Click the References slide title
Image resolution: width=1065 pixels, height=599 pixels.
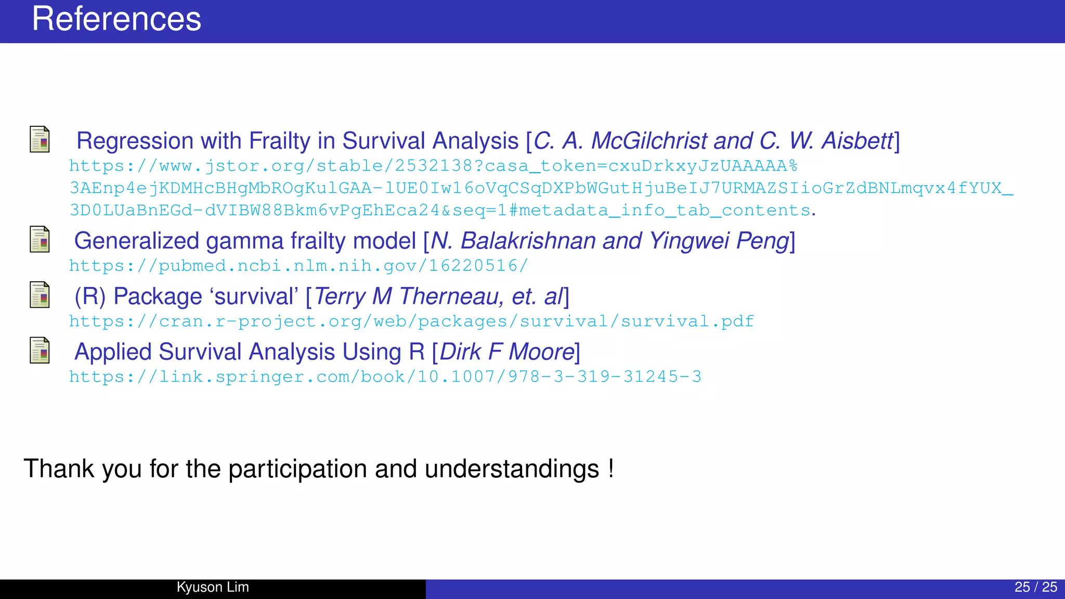coord(116,20)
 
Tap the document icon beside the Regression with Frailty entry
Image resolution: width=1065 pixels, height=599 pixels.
coord(40,139)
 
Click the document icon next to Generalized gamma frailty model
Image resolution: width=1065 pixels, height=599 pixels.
coord(40,239)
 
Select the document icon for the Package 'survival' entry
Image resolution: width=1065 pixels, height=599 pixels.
coord(40,295)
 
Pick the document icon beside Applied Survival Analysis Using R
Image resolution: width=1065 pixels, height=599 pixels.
coord(40,350)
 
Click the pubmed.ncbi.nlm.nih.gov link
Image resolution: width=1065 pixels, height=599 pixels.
coord(298,266)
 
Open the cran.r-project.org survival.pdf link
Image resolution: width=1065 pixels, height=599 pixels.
coord(411,322)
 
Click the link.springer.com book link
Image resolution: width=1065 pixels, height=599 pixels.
coord(385,377)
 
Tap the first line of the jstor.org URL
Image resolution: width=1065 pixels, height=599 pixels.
coord(433,166)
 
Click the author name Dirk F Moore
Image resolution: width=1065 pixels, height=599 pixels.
coord(507,352)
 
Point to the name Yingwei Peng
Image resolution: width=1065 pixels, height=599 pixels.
coord(719,241)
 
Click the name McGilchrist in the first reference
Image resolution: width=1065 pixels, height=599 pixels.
coord(649,141)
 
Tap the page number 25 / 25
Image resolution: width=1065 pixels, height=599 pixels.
coord(1035,587)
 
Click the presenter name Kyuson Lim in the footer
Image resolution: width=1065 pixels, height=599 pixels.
coord(213,587)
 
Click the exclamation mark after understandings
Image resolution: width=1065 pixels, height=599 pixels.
coord(611,468)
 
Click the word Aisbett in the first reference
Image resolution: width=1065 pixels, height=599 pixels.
coord(856,141)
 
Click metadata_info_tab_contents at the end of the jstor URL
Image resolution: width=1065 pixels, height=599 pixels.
coord(664,211)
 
